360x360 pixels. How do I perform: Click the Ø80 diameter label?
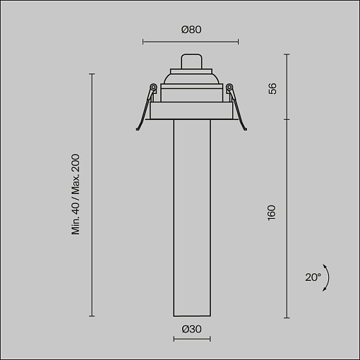[x=191, y=30]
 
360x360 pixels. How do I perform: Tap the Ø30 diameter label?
[x=191, y=329]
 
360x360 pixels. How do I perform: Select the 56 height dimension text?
[x=272, y=88]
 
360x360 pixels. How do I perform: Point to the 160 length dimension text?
[x=272, y=212]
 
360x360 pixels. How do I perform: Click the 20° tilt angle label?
[x=313, y=277]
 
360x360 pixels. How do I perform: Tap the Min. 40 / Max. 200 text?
[x=76, y=194]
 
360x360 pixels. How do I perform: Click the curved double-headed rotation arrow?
[x=328, y=277]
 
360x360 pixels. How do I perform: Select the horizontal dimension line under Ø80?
[x=191, y=42]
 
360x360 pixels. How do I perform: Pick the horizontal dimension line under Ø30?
[x=192, y=339]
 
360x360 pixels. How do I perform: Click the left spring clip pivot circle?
[x=153, y=88]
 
